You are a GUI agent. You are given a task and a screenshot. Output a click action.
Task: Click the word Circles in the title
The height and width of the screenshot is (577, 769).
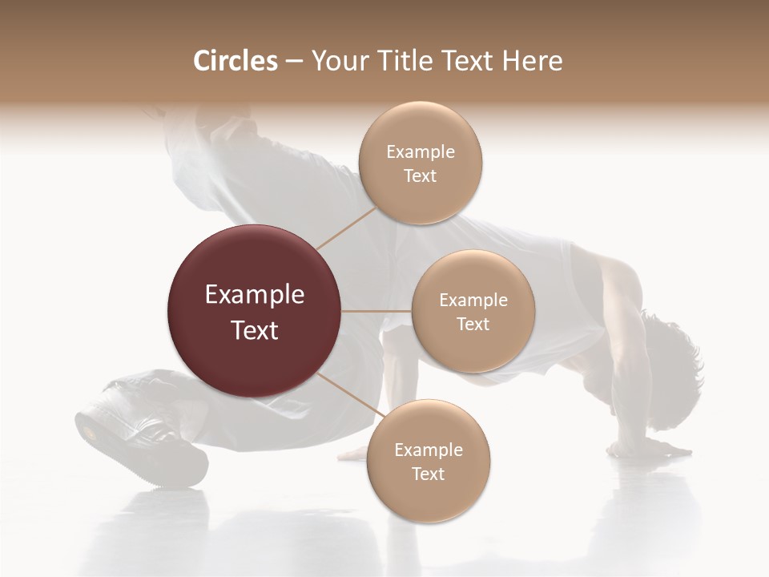pos(236,61)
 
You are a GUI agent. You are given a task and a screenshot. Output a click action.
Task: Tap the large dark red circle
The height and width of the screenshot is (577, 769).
pos(255,312)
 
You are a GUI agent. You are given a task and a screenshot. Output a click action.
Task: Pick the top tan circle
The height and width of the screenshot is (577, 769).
pos(420,163)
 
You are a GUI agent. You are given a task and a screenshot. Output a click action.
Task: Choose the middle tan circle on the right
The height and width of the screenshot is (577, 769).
pos(473,312)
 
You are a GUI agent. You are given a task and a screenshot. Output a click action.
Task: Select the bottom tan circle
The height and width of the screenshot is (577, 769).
pos(428,462)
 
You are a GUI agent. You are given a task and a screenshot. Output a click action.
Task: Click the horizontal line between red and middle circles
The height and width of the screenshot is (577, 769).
pos(376,311)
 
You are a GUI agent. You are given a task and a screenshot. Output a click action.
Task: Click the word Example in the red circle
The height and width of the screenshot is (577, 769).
pos(255,295)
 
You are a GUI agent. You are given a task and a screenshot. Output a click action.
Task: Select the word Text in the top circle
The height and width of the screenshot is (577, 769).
pos(420,176)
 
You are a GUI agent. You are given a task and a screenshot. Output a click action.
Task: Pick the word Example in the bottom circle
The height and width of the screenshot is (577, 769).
pos(428,450)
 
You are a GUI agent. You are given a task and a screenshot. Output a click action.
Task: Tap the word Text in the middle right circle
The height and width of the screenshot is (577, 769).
pos(473,325)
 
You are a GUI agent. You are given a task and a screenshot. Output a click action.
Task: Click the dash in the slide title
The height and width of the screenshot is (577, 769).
pos(294,62)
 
